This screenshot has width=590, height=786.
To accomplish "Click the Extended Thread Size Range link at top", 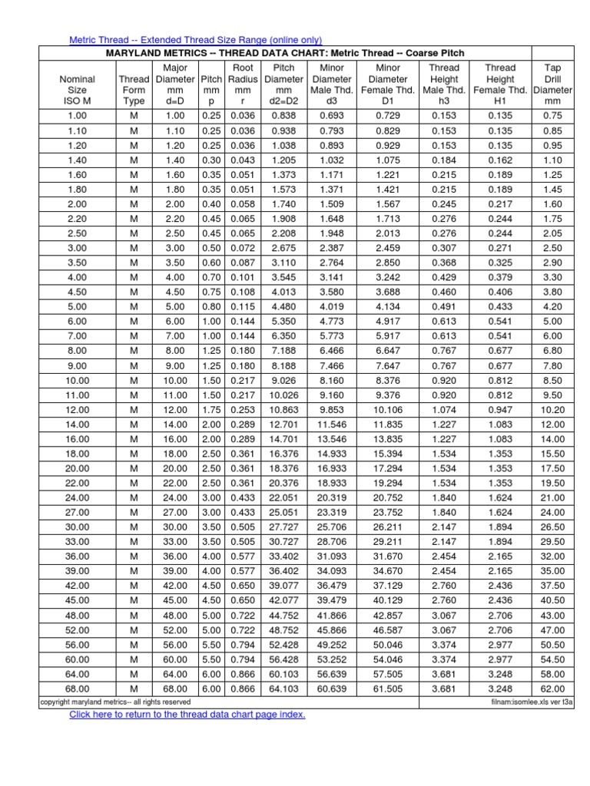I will [x=196, y=40].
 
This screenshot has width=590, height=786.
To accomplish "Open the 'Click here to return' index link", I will [x=187, y=715].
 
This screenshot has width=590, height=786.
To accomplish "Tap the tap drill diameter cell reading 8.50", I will [x=552, y=379].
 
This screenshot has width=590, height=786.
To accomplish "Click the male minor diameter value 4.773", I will [x=332, y=321].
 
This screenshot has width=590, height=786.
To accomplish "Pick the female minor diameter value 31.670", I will [x=388, y=555].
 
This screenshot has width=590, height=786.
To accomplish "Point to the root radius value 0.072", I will [x=243, y=248].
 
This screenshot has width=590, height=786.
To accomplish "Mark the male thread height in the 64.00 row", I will [x=443, y=673].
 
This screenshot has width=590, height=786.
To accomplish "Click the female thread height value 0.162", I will [x=500, y=160].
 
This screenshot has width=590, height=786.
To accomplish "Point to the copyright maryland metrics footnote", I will [x=115, y=702].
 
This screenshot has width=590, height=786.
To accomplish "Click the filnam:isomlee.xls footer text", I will [x=532, y=702].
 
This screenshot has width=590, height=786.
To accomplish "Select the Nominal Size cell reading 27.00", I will [x=77, y=511].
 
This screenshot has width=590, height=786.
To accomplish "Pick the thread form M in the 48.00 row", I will [x=134, y=615].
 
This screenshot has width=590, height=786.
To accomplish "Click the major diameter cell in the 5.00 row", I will [x=175, y=306].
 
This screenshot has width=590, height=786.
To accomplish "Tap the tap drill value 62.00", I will [x=552, y=689].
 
